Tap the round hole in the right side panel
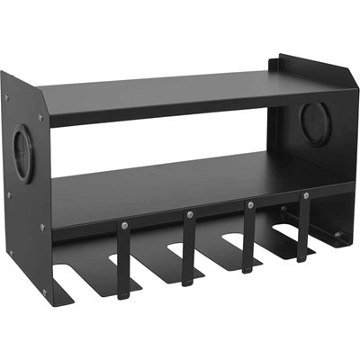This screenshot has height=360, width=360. tap(315, 124)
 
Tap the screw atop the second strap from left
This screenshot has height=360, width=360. tap(189, 214)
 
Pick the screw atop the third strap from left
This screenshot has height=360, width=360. tap(247, 204)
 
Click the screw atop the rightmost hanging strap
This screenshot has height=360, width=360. tap(305, 195)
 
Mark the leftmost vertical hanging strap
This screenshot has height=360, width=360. tap(125, 261)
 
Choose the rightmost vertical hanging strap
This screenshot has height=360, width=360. tap(304, 229)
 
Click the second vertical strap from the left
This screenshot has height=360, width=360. tap(189, 247)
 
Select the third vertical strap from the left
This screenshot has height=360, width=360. tap(248, 236)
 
